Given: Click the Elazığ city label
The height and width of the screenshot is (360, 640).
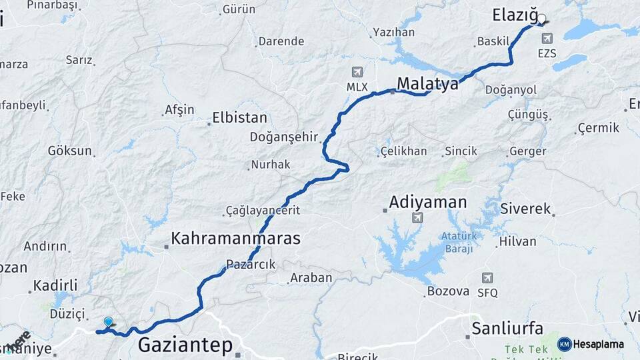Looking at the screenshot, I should coord(514,15).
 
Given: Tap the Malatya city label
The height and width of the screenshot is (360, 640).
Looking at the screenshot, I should coord(427,84).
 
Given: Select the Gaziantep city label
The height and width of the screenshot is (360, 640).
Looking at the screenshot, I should coord(185,345).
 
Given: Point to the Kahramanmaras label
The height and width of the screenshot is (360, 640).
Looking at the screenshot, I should coord(235,238).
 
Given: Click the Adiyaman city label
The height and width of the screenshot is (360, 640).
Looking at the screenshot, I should coord(428,201).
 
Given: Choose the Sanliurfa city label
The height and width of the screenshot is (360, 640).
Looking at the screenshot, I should coord(507,328).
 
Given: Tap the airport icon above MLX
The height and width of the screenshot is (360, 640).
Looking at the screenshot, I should coord(357,72).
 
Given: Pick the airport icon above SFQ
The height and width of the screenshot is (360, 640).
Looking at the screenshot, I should coord(487,277).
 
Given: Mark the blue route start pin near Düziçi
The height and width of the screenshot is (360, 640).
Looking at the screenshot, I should coord(108,322).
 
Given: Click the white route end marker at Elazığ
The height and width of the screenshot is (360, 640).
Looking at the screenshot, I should coord(541,19).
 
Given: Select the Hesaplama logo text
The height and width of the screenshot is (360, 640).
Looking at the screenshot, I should coord(599,344).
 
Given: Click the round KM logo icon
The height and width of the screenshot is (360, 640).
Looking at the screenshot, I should coord(565,344).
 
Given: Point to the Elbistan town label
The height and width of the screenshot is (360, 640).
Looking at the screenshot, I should coord(239,118).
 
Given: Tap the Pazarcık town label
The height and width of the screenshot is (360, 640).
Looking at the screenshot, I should coord(250,265).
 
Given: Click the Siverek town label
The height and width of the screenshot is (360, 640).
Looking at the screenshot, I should coord(526,209).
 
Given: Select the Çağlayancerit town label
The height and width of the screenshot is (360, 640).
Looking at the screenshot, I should coord(263,211).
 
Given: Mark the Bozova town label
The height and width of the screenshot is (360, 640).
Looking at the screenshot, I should coord(449,291).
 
